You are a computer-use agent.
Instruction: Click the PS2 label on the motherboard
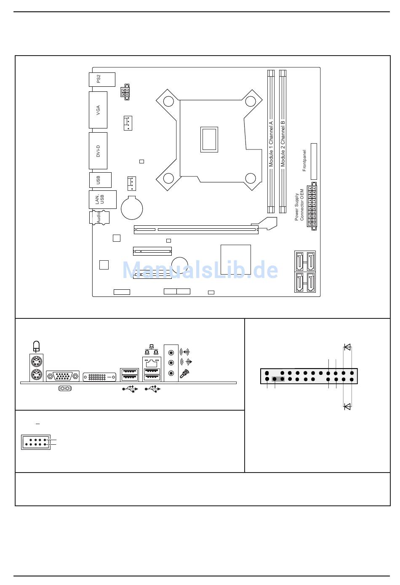99,79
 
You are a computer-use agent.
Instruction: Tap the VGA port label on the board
98,110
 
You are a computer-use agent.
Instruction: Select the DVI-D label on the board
98,151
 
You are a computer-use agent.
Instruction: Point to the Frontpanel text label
304,160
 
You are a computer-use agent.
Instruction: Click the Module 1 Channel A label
271,144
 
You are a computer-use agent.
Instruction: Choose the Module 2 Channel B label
283,144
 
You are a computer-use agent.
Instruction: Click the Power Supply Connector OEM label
299,205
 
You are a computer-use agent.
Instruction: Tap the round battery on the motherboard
132,208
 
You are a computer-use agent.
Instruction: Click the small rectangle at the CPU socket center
209,139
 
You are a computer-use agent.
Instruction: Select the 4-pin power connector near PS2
125,92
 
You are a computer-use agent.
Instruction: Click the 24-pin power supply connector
312,206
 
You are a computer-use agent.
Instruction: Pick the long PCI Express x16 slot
196,230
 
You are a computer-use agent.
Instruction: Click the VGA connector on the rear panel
63,377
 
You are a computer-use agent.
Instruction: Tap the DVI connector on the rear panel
99,377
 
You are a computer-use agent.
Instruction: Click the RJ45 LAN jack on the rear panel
152,363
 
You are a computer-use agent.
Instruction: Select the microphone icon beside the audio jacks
184,374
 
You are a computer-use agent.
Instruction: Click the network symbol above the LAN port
152,350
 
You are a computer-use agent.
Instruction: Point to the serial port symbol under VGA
65,389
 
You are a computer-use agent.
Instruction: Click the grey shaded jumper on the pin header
278,379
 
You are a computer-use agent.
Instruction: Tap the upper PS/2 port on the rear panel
36,362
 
